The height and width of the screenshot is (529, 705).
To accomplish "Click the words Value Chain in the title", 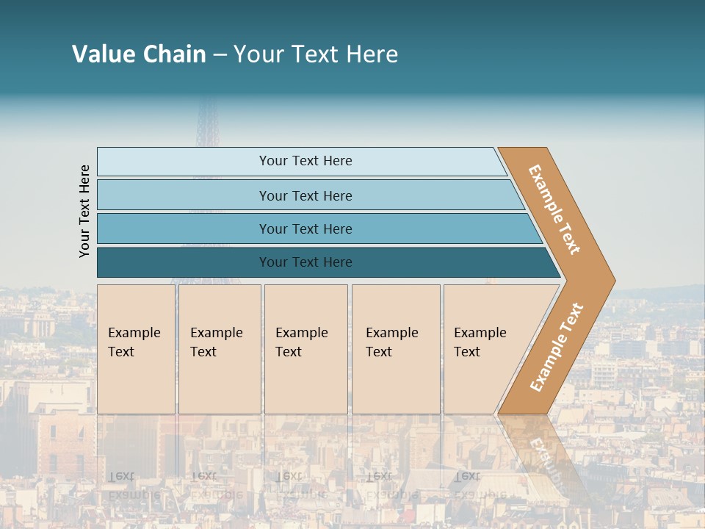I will [139, 54].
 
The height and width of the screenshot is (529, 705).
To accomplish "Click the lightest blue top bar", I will [184, 162].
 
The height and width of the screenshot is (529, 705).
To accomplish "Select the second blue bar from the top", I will [184, 195].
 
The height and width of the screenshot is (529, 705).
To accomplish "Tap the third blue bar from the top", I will [184, 228].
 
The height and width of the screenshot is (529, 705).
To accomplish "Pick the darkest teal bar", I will [184, 262].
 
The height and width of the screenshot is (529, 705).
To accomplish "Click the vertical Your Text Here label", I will [84, 211].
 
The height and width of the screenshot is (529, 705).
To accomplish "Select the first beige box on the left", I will [136, 349].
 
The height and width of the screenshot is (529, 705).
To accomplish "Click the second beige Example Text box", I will [220, 349].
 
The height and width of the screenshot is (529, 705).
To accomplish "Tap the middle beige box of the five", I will [305, 349].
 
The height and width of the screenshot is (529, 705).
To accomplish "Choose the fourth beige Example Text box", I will [396, 349].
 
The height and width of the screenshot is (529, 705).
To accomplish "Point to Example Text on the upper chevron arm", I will [554, 209].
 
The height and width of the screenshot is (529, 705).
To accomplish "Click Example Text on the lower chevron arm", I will [557, 347].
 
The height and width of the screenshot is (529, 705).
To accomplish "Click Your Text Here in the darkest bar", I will [305, 262].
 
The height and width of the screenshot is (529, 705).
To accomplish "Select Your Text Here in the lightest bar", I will [305, 161].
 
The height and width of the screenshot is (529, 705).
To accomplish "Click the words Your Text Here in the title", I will [316, 54].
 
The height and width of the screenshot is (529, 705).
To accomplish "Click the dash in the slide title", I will [220, 55].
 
